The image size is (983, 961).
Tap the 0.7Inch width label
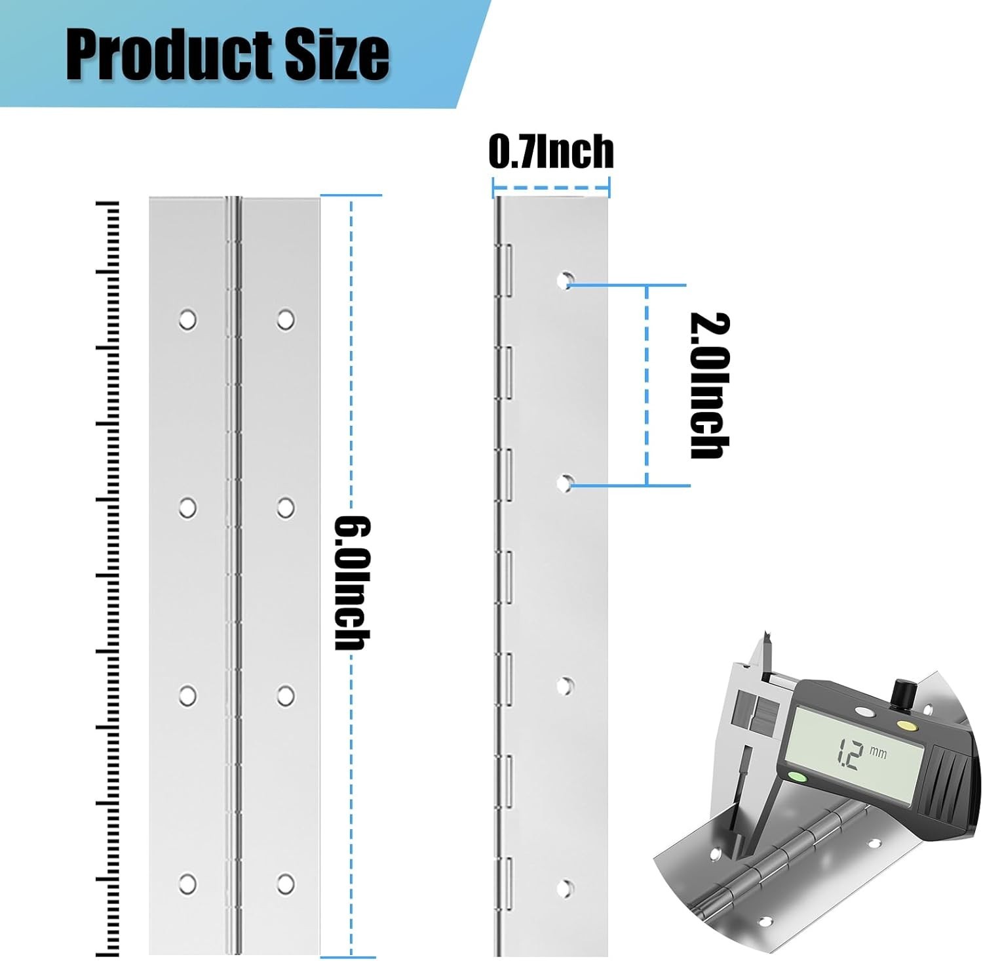tap(551, 152)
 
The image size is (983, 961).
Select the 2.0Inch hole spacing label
tap(710, 386)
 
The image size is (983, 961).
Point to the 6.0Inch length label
tap(353, 583)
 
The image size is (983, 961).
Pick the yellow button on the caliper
tap(906, 726)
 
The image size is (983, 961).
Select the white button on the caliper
tap(864, 711)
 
